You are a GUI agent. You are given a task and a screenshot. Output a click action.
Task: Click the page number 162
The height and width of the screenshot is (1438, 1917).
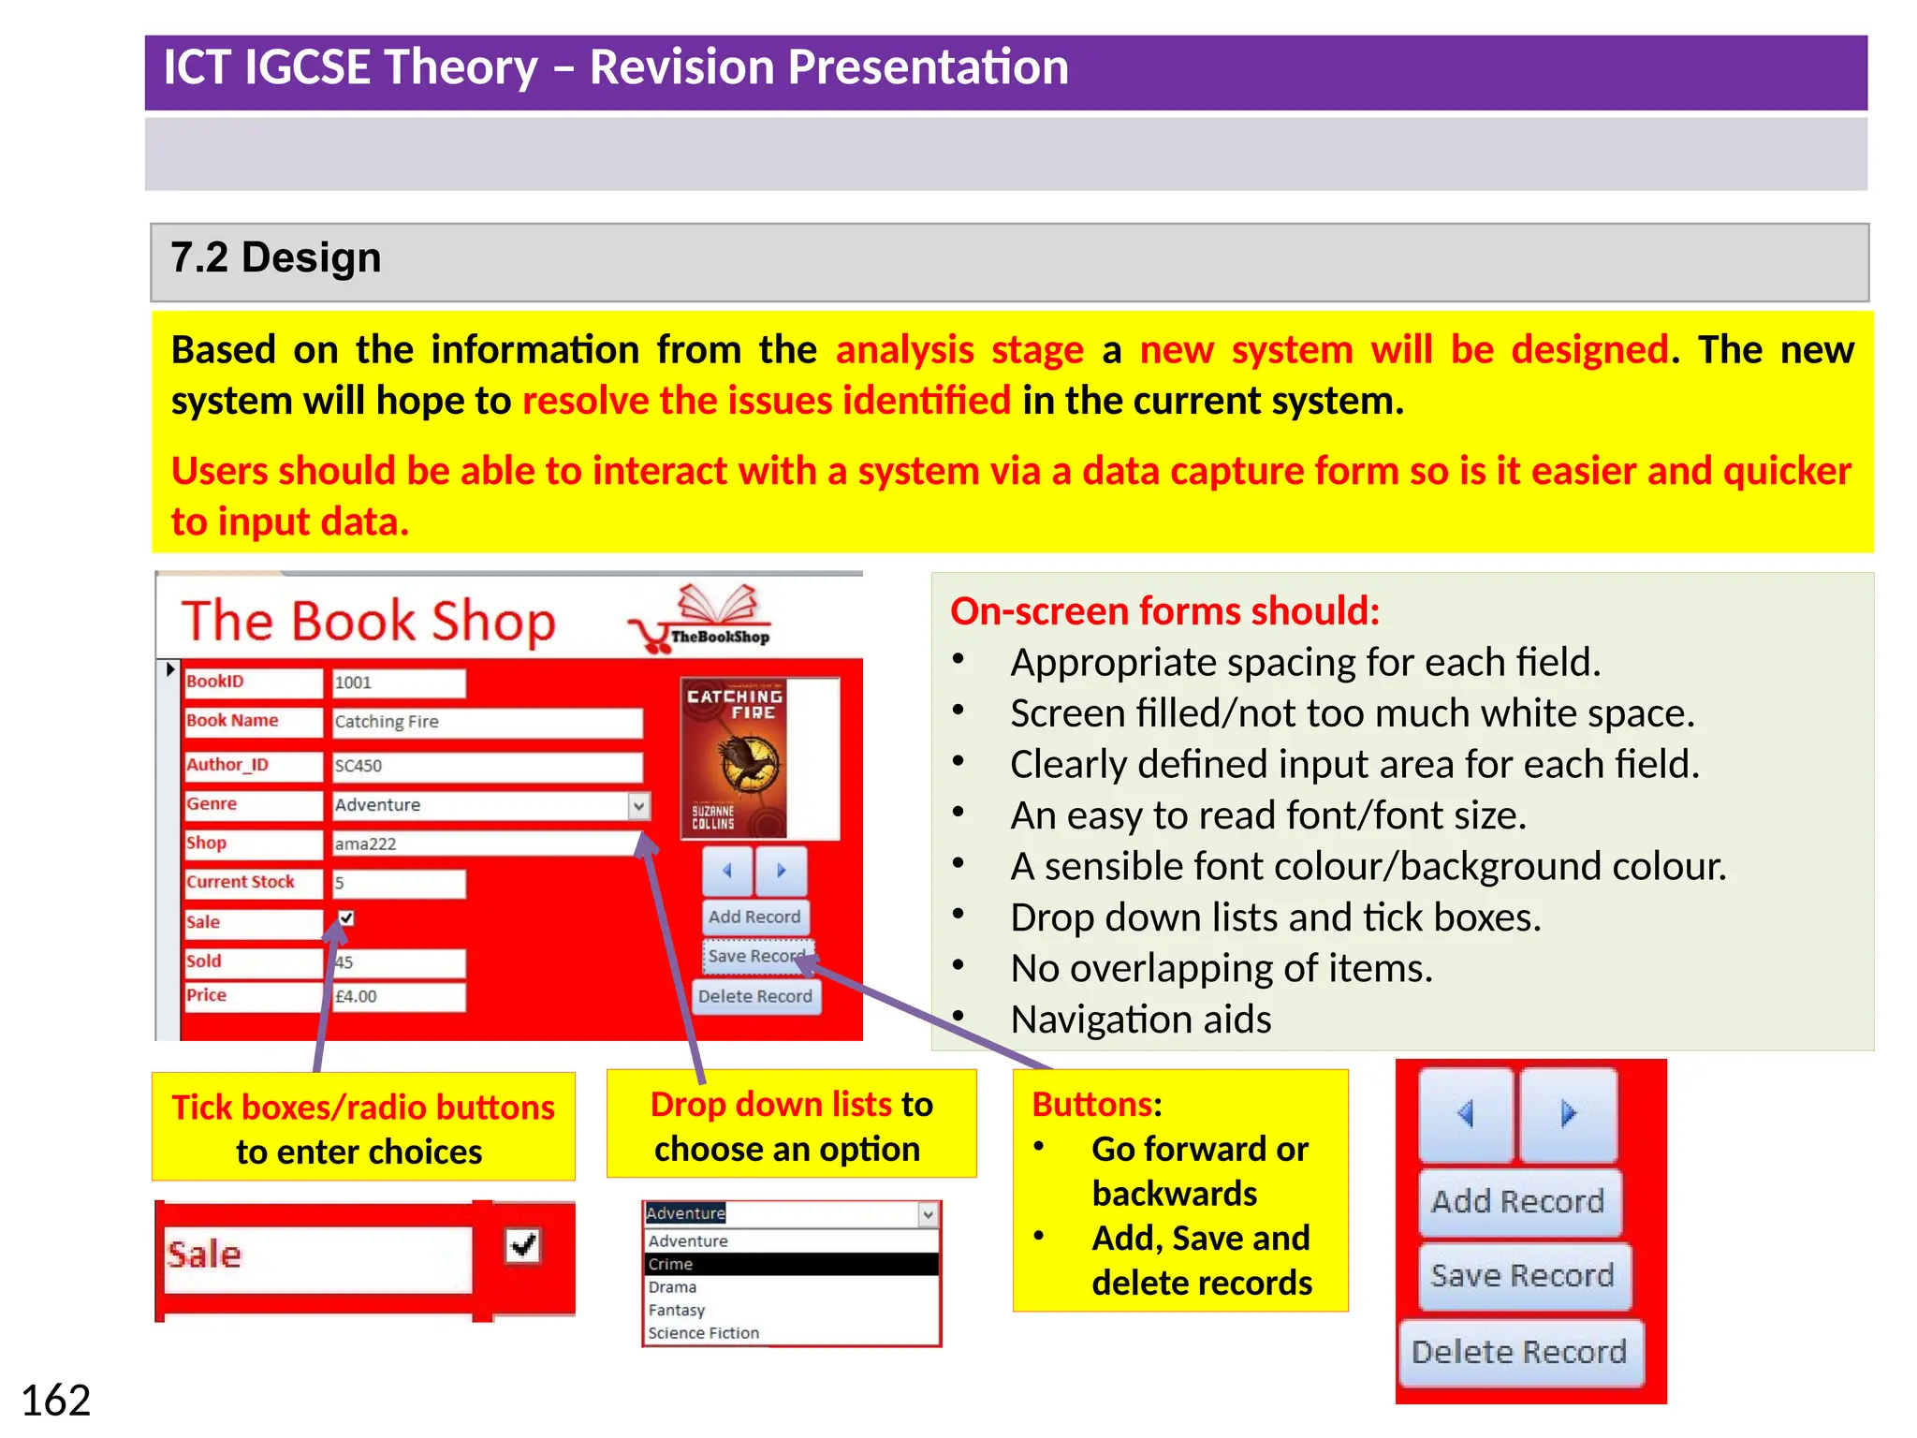(x=55, y=1401)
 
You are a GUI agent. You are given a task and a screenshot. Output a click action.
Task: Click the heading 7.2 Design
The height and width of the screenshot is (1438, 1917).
(x=276, y=258)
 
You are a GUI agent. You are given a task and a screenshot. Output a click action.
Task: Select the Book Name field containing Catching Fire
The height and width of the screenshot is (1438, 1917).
(x=487, y=722)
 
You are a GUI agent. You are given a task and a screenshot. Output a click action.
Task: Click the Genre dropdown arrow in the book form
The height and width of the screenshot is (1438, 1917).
(x=638, y=805)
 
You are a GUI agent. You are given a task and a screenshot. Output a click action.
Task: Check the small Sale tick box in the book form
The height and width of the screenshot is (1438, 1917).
(x=346, y=918)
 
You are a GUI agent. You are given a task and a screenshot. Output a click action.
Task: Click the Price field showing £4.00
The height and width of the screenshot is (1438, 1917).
(x=399, y=996)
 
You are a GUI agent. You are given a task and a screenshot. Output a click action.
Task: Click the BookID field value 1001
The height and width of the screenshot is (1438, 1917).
(x=399, y=682)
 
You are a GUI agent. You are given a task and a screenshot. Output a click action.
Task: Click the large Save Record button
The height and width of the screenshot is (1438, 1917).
(x=1523, y=1275)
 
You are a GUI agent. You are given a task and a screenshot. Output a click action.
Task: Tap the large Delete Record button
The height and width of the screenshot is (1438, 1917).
(x=1519, y=1352)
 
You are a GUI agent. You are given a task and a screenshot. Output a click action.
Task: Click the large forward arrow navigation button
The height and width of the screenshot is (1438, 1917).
(x=1568, y=1114)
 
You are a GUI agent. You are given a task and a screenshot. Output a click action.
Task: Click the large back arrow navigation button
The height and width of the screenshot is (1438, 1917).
(x=1466, y=1114)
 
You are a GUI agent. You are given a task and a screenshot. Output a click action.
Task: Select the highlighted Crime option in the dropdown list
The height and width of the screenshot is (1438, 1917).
(x=791, y=1264)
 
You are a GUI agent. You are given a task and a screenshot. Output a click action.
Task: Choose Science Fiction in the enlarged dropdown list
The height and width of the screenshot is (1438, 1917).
(x=704, y=1333)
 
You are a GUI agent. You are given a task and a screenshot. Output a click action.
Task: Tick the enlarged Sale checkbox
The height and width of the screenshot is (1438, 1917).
(x=522, y=1246)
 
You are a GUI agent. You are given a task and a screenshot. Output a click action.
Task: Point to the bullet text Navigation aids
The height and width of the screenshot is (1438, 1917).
(x=1140, y=1020)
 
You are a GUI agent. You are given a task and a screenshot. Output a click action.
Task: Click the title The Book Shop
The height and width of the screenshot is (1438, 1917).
(x=368, y=621)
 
